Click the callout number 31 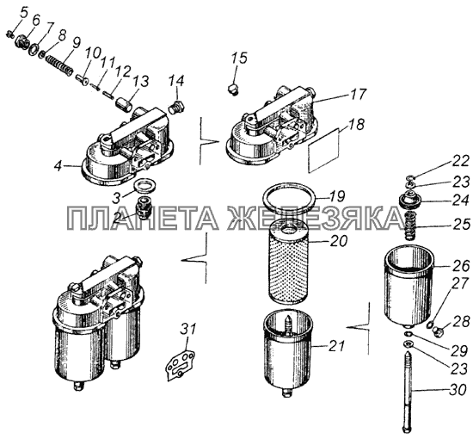pyautogui.click(x=188, y=329)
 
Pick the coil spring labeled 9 pyautogui.click(x=59, y=65)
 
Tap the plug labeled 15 pyautogui.click(x=232, y=90)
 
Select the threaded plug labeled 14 pyautogui.click(x=176, y=108)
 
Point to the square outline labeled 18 pyautogui.click(x=323, y=151)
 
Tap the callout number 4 pyautogui.click(x=58, y=166)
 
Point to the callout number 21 pyautogui.click(x=335, y=346)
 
